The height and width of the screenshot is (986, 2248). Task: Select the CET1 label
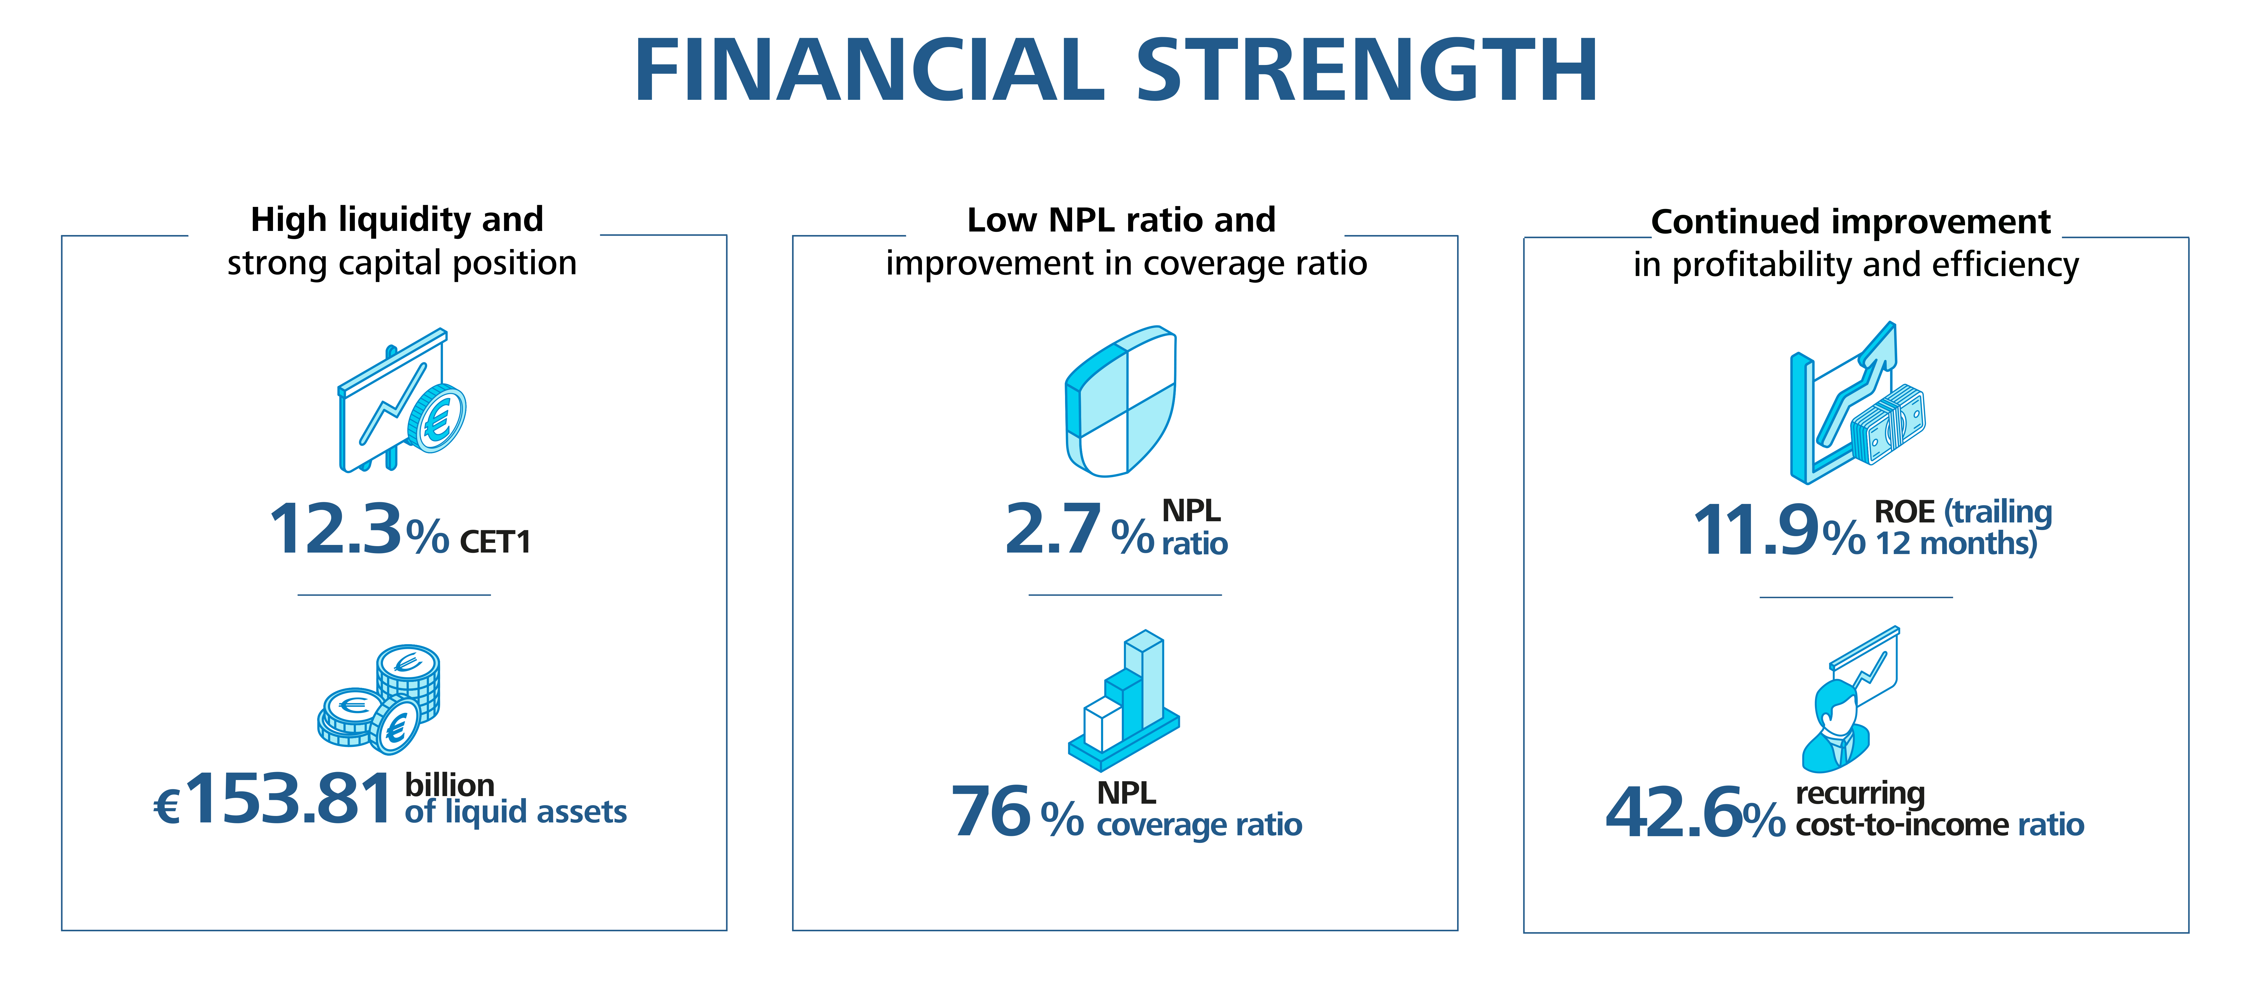(495, 543)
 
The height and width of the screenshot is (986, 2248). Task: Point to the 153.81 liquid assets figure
(289, 798)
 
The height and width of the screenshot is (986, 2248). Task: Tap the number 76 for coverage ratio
(991, 812)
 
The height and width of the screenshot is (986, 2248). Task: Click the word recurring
(1860, 792)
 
